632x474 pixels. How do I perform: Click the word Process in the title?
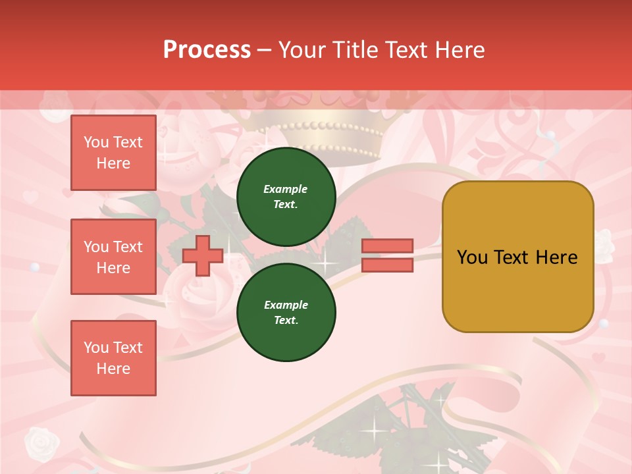pos(207,50)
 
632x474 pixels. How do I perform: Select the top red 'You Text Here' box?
pos(113,153)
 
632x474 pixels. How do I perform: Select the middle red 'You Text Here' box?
pos(113,257)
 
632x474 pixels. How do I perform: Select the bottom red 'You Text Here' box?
pos(113,357)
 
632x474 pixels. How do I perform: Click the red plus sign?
pos(202,255)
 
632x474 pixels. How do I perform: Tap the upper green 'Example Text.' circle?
pos(286,197)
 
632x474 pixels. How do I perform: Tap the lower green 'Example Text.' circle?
pos(286,313)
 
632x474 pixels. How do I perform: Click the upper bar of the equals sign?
pos(387,246)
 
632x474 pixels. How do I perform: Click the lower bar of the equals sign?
pos(387,265)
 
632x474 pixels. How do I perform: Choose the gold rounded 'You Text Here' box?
pos(517,257)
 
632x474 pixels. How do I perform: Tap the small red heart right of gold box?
pos(598,358)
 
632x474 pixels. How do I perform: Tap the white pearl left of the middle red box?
pos(34,268)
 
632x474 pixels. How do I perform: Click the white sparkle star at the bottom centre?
pos(377,431)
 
